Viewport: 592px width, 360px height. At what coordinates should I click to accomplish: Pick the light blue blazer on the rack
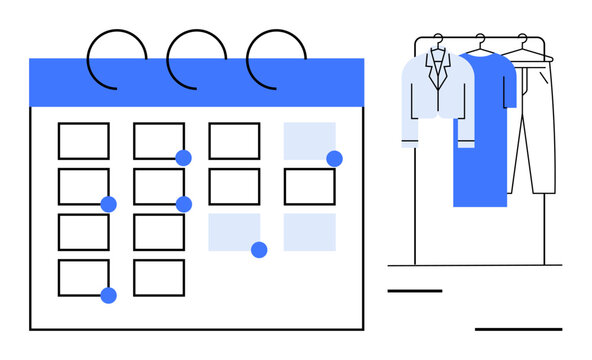pyautogui.click(x=437, y=100)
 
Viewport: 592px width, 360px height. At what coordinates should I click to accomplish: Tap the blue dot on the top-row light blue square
pyautogui.click(x=334, y=158)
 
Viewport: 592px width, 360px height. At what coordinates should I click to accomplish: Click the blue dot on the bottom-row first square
pyautogui.click(x=108, y=295)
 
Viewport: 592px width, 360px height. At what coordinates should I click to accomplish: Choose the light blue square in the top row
pyautogui.click(x=308, y=140)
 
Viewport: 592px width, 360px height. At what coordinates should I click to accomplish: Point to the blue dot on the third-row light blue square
pyautogui.click(x=259, y=250)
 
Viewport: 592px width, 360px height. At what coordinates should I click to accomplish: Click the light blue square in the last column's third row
pyautogui.click(x=309, y=232)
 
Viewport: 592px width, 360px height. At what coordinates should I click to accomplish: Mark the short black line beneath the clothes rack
pyautogui.click(x=414, y=291)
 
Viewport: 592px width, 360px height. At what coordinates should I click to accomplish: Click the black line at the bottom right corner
pyautogui.click(x=518, y=328)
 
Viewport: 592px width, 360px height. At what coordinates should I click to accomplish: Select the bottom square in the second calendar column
pyautogui.click(x=159, y=278)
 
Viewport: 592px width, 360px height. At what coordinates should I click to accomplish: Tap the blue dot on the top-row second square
pyautogui.click(x=183, y=158)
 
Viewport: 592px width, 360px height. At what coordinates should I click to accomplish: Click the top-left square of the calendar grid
pyautogui.click(x=83, y=141)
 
